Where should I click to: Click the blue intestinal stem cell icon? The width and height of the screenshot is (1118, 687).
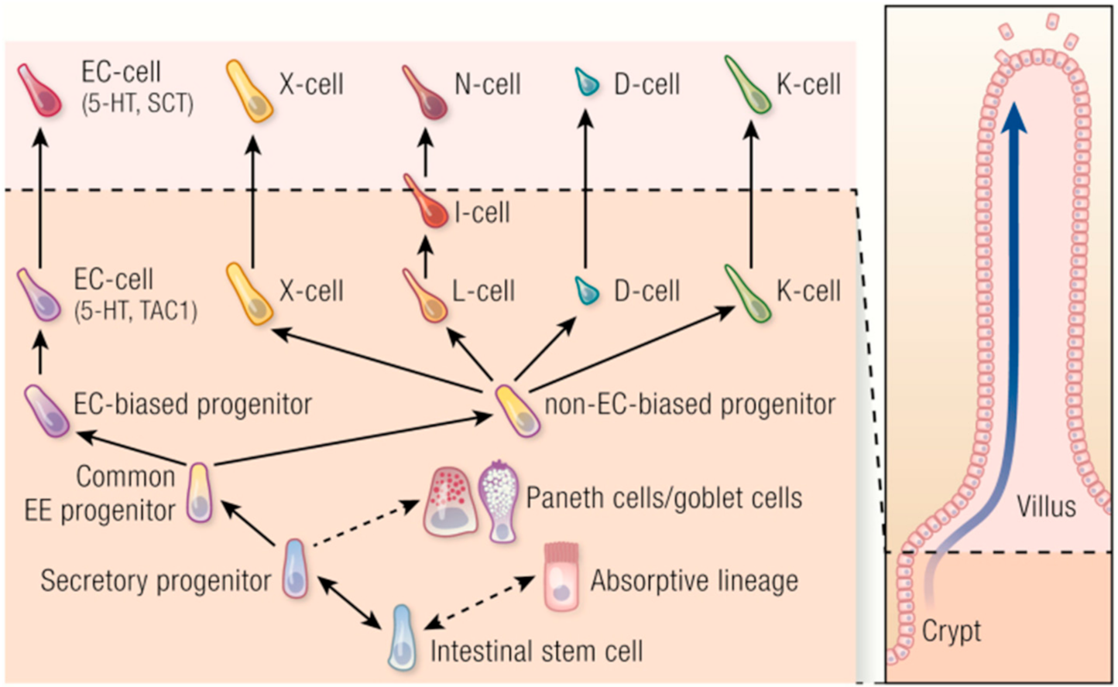401,637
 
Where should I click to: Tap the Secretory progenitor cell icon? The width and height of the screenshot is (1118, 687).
295,569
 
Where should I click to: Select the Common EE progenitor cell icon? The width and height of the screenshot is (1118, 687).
201,493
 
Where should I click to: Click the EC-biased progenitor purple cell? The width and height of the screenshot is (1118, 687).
46,411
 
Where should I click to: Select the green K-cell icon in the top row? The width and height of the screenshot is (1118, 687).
747,86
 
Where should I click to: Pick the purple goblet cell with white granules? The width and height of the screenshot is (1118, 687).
498,501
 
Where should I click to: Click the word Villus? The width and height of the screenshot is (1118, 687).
1046,507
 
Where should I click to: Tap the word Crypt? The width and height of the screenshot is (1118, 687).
951,631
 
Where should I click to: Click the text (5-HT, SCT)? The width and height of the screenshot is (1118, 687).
137,104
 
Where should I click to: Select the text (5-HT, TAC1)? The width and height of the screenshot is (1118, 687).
135,311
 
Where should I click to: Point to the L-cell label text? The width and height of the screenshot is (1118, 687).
483,291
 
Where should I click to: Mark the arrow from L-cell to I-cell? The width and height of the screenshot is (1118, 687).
425,253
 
